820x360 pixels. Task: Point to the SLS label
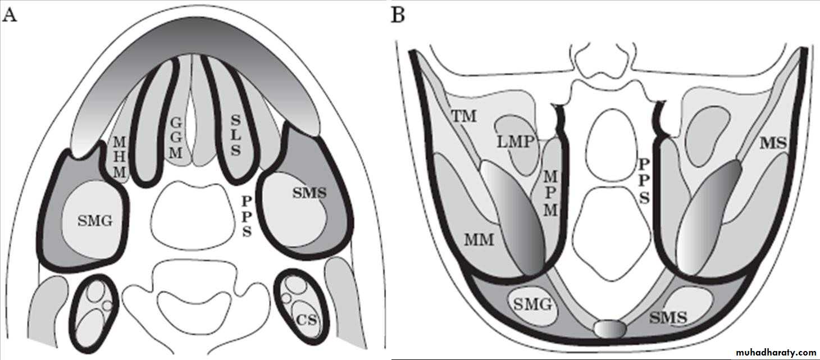235,134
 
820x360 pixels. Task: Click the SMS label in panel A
309,193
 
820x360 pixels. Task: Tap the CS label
307,321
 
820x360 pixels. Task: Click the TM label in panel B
464,116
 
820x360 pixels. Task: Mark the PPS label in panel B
644,180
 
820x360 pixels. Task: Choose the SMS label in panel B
668,318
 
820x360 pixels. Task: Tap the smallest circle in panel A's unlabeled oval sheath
107,305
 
